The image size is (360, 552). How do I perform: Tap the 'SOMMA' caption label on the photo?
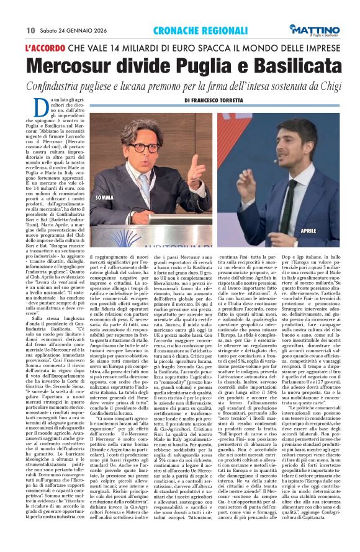point(104,198)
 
